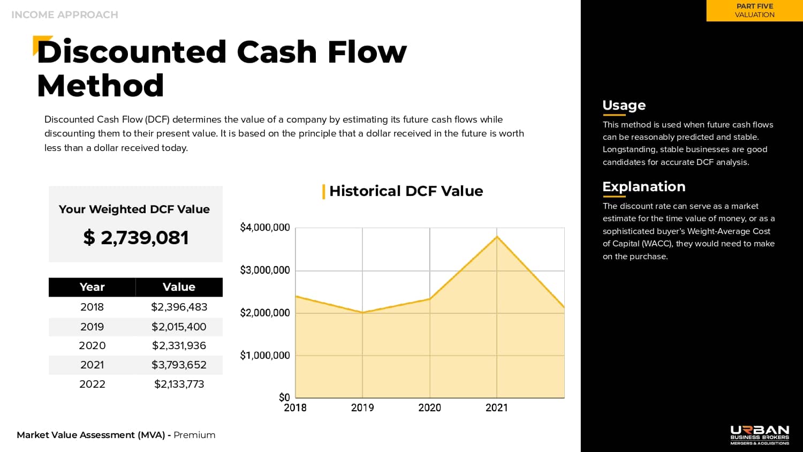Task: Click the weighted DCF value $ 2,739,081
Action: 136,237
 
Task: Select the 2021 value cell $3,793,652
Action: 179,365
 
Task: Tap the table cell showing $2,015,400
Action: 179,327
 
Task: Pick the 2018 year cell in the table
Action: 92,307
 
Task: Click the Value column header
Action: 179,287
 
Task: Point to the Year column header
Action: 92,287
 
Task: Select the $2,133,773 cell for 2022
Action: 179,384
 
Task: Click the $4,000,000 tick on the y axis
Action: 265,228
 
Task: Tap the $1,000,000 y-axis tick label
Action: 265,355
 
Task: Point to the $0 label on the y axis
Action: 284,397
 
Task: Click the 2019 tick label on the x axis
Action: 362,408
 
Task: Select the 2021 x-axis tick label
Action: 497,408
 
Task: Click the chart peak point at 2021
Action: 497,237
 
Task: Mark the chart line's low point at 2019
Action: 363,313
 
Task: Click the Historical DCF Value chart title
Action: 406,191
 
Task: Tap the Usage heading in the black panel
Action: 624,105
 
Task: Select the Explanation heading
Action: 644,186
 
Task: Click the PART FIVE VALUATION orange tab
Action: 755,11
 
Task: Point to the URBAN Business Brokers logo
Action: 760,435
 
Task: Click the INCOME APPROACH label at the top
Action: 65,15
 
